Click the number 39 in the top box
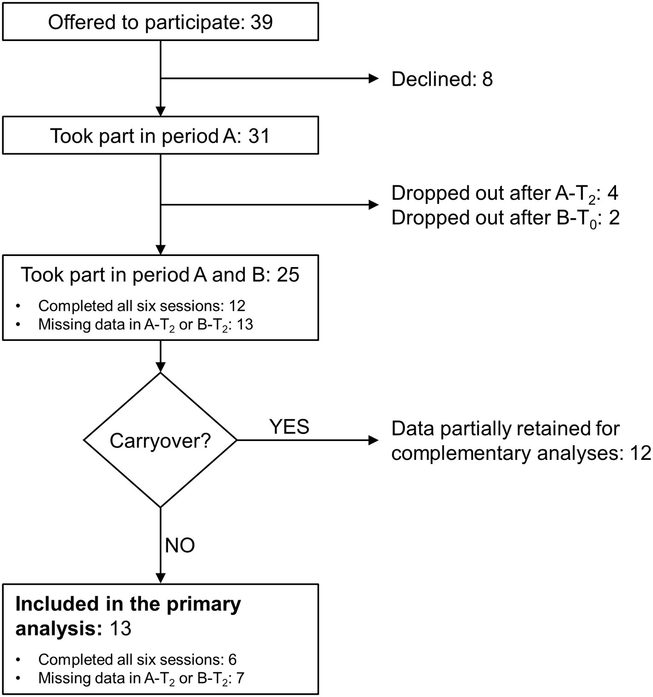[x=261, y=22]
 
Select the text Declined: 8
[x=441, y=79]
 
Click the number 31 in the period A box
[x=259, y=136]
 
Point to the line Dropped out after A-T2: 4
[x=504, y=193]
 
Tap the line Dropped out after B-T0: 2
[x=505, y=218]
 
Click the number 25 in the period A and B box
[x=288, y=275]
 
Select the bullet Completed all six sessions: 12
[x=141, y=305]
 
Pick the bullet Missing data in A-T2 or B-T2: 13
[x=145, y=325]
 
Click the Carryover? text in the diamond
[x=160, y=441]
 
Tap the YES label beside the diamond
[x=289, y=427]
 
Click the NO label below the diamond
[x=180, y=545]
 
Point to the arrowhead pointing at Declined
[x=373, y=79]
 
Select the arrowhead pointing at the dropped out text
[x=373, y=205]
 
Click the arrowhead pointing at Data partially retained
[x=373, y=440]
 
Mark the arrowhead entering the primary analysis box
[x=160, y=578]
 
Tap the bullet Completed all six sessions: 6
[x=137, y=659]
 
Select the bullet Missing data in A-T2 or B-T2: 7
[x=141, y=679]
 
